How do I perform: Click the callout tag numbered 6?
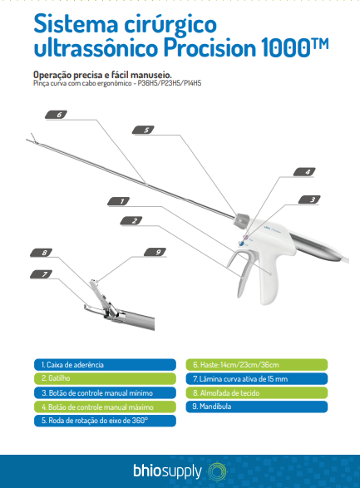click(57, 115)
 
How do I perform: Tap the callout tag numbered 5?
click(144, 130)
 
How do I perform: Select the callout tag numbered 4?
click(304, 172)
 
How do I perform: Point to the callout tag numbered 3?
click(309, 200)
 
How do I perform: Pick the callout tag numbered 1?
click(119, 201)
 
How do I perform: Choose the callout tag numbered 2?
click(131, 220)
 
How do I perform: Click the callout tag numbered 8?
click(41, 253)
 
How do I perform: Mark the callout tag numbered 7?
click(41, 274)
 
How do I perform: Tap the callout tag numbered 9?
click(155, 252)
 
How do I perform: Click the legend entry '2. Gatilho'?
click(105, 378)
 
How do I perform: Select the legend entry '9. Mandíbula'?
click(257, 407)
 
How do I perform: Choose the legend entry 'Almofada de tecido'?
click(257, 392)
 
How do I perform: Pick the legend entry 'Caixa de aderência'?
click(105, 364)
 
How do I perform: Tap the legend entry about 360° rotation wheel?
click(105, 421)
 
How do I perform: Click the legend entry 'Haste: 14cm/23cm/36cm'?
click(257, 364)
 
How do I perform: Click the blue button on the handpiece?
click(241, 244)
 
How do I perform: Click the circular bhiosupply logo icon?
click(217, 471)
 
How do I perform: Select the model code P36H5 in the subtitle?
click(148, 83)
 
